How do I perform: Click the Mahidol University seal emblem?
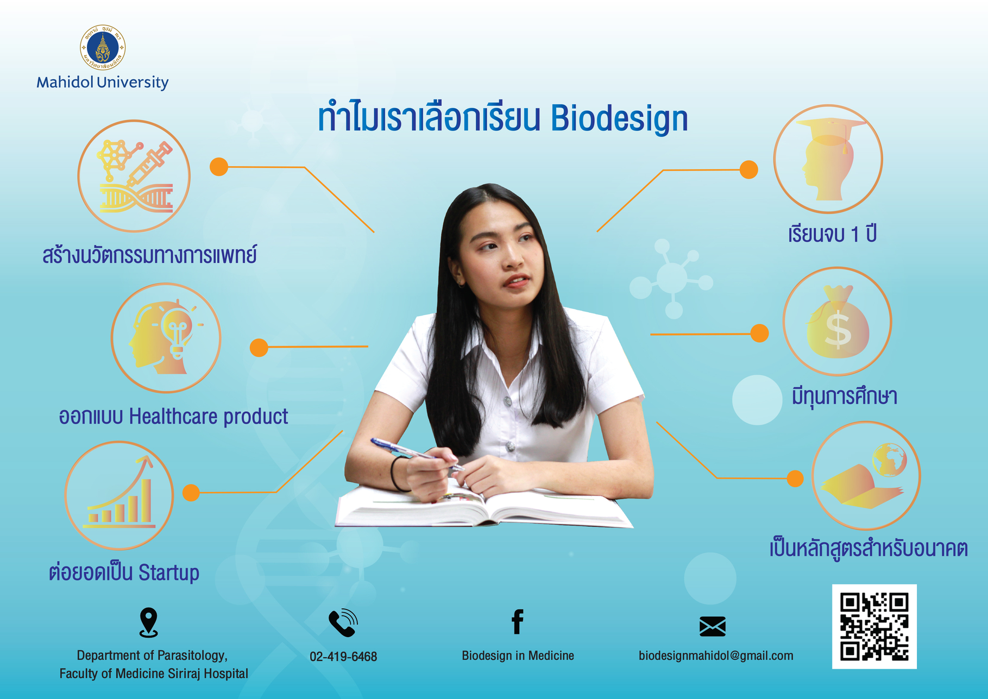click(103, 47)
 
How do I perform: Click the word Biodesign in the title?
click(619, 118)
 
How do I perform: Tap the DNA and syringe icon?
click(134, 176)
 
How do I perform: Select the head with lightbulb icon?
click(166, 337)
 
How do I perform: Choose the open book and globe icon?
click(866, 476)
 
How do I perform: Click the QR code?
click(874, 626)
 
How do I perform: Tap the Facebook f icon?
click(518, 622)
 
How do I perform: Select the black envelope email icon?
click(713, 626)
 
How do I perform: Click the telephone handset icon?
click(343, 622)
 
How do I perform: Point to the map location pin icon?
click(148, 622)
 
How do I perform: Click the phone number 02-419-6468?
click(343, 657)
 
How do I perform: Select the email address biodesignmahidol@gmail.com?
click(716, 656)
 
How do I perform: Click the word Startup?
click(169, 573)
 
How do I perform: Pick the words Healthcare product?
click(209, 417)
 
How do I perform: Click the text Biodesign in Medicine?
click(518, 656)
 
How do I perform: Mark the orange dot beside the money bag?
click(759, 333)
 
